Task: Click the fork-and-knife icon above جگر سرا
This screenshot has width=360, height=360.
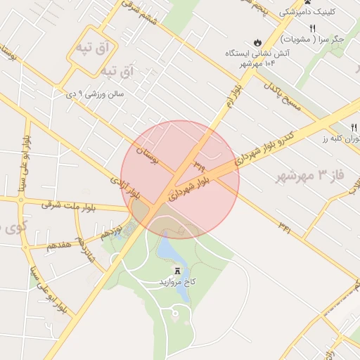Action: [311, 28]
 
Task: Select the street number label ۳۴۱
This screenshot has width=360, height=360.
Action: [285, 226]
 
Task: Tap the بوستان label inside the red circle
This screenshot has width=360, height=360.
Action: [148, 159]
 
